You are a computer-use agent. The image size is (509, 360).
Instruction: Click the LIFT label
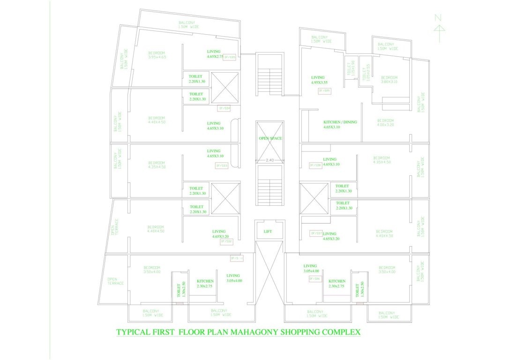point(268,231)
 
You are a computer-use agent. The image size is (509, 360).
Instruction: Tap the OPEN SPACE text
point(270,138)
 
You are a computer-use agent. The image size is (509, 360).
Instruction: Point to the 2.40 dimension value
point(269,160)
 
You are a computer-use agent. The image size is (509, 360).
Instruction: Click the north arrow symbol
point(439,28)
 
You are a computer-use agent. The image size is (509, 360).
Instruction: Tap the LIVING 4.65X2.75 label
point(216,54)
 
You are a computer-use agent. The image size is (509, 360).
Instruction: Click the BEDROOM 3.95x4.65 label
point(157,55)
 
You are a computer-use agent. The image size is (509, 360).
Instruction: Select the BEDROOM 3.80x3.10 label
point(389,80)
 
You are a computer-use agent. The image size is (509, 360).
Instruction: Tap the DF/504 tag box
point(225,108)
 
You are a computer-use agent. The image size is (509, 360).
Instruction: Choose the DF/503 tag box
point(221,165)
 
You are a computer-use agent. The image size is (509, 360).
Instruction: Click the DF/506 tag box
point(314,278)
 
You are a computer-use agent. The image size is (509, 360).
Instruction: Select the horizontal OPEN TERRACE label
point(115,281)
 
